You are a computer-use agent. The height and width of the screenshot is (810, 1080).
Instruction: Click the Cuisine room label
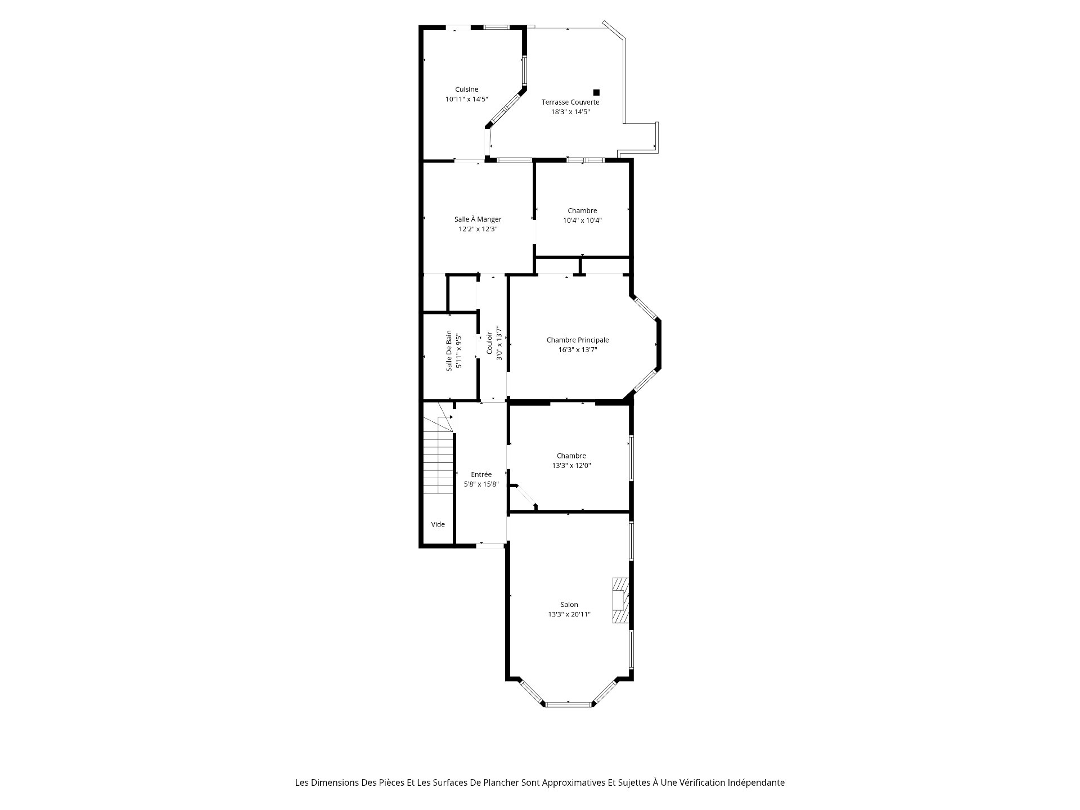pos(466,89)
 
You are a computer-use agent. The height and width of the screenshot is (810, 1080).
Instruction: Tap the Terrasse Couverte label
pos(570,102)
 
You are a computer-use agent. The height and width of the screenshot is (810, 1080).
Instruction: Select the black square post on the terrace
pos(596,92)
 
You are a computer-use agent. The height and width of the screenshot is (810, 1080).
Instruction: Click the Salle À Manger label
pos(478,219)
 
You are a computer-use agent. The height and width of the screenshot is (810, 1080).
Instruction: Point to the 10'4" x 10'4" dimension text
pos(582,220)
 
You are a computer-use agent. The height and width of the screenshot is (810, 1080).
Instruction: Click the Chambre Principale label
pos(578,340)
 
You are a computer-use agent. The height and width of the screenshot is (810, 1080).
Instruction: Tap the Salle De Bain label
pos(449,350)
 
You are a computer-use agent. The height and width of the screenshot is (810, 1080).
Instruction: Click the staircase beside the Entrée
pos(438,456)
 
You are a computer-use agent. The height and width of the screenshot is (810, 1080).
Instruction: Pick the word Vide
pos(438,524)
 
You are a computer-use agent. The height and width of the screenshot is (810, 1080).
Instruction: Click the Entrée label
pos(481,474)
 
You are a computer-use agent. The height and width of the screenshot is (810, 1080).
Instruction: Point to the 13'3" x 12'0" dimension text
pos(571,466)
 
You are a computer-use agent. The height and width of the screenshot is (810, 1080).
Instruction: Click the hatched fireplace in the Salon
pos(620,601)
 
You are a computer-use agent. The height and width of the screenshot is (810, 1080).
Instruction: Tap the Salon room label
pos(569,605)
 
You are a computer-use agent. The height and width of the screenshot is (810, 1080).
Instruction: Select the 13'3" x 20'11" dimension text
pos(569,614)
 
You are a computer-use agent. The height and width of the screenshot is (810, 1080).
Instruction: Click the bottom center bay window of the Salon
pos(569,704)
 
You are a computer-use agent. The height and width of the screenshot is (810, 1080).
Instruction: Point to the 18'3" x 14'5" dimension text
pos(570,112)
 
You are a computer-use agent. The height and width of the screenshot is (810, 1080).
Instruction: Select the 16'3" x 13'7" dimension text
pos(578,350)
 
